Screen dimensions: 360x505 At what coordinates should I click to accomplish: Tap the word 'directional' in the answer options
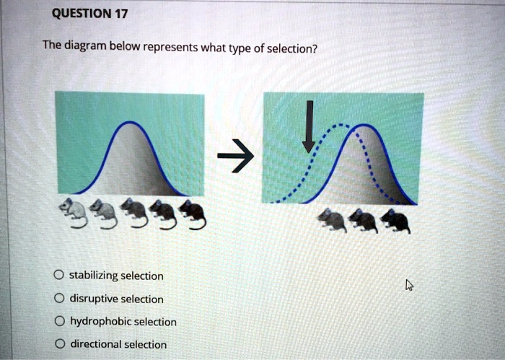pos(95,345)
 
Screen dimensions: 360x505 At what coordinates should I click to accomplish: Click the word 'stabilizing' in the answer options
pos(93,276)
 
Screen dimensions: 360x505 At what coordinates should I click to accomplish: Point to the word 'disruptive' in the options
pos(92,299)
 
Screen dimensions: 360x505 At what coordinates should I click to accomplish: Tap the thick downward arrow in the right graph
pos(309,127)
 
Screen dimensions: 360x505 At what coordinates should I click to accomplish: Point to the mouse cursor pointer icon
pos(409,285)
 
